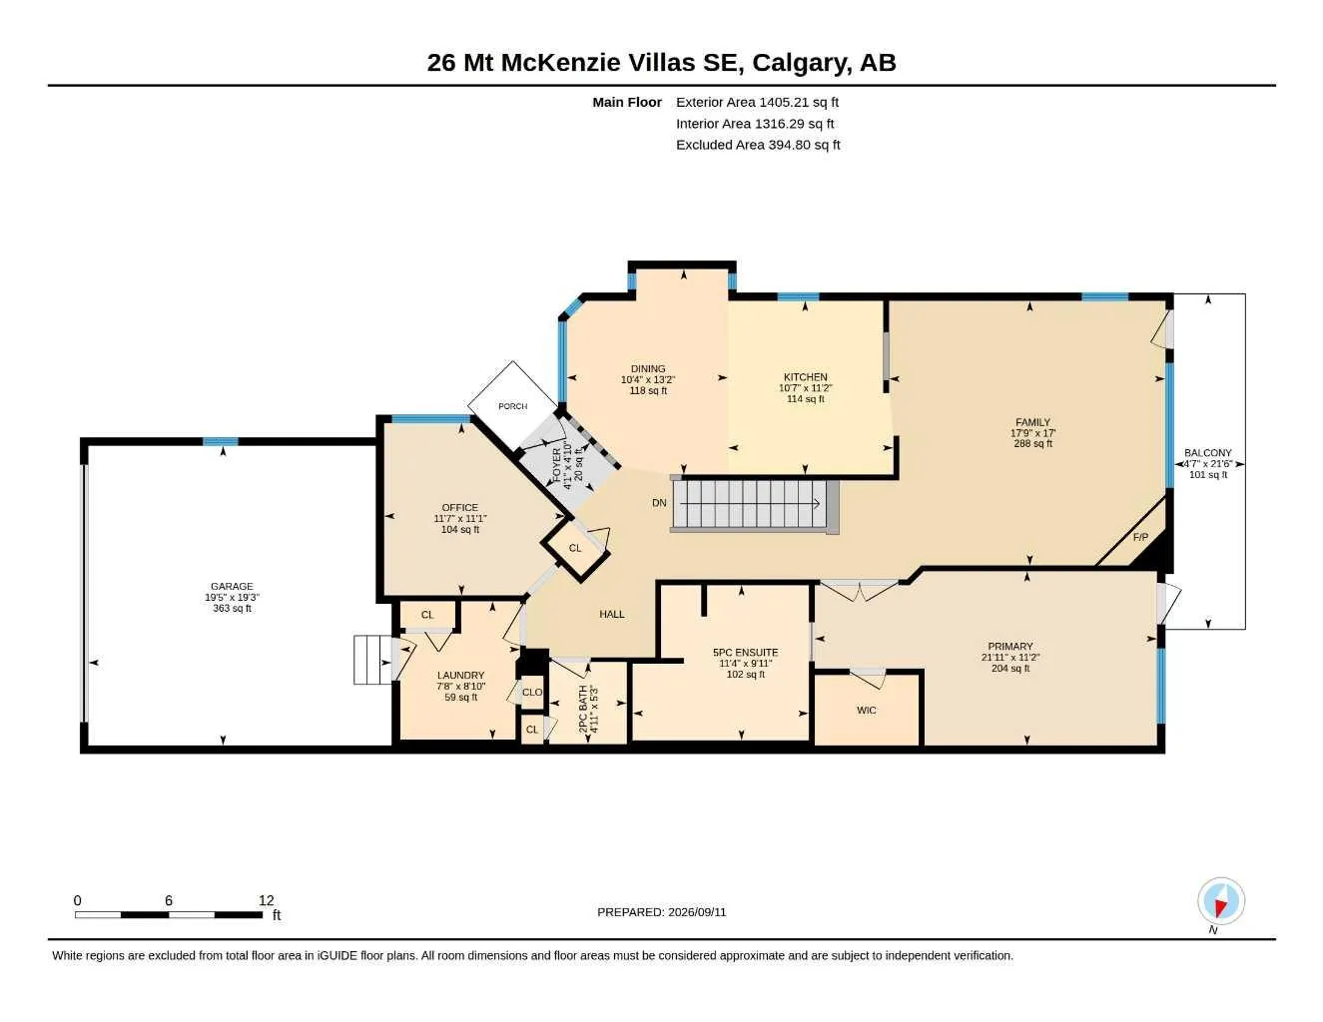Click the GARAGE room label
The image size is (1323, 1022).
[232, 587]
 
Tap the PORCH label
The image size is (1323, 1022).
[512, 406]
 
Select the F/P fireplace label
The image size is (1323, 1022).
[1140, 537]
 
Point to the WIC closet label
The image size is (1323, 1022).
[867, 710]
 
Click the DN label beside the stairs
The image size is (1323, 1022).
[659, 503]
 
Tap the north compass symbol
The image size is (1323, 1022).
[1221, 901]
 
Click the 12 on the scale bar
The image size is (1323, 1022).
[266, 900]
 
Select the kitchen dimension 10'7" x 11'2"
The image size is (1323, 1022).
[806, 388]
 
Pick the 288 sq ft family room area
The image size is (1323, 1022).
[1032, 444]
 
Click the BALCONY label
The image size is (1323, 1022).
[1208, 452]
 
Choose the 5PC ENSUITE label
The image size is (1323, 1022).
[745, 652]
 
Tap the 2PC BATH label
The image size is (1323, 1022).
[583, 709]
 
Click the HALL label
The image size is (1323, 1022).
[612, 615]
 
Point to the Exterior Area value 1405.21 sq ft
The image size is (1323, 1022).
[799, 102]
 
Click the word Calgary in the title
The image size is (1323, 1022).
[802, 63]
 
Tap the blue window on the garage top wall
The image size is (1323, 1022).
[221, 442]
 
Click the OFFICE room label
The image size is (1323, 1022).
[459, 507]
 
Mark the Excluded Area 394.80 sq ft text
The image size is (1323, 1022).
[758, 145]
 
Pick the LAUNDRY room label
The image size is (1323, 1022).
[460, 676]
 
